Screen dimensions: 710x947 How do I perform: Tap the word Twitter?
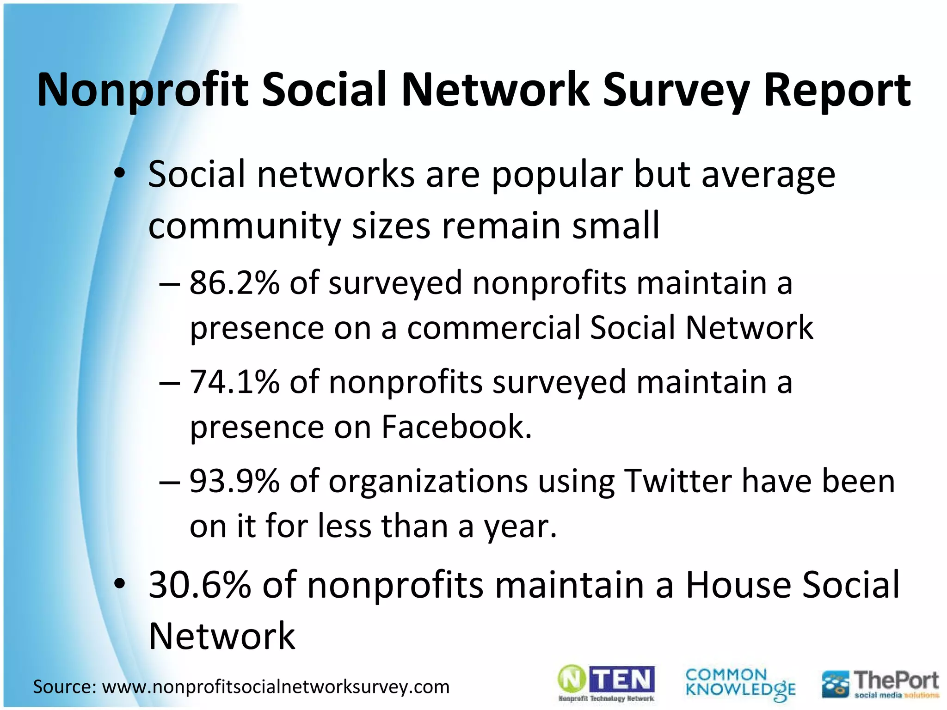pyautogui.click(x=677, y=481)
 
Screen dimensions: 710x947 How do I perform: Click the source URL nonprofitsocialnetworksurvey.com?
pyautogui.click(x=276, y=687)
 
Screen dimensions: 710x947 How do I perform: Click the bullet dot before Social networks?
pyautogui.click(x=120, y=175)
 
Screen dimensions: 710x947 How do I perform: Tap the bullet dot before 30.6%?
pyautogui.click(x=120, y=585)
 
